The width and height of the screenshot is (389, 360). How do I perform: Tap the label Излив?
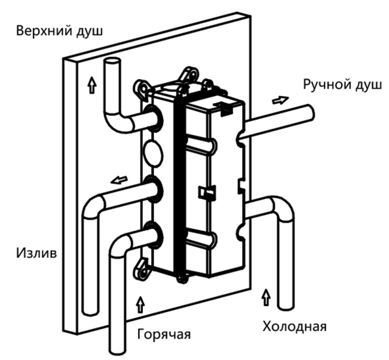pyautogui.click(x=36, y=253)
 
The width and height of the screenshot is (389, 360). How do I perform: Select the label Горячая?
pyautogui.click(x=164, y=334)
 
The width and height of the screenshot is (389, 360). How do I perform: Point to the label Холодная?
pyautogui.click(x=294, y=326)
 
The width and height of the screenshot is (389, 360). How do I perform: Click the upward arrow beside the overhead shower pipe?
pyautogui.click(x=92, y=85)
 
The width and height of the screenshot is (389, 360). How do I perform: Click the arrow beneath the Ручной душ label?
pyautogui.click(x=280, y=100)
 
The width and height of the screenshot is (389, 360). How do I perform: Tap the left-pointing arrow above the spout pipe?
pyautogui.click(x=119, y=180)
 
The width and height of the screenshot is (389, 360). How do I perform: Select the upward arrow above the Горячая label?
pyautogui.click(x=141, y=304)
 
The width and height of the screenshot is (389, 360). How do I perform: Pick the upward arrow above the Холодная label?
pyautogui.click(x=266, y=297)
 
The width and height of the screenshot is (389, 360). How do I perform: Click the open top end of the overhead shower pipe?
pyautogui.click(x=112, y=61)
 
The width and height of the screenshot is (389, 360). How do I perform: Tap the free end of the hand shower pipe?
pyautogui.click(x=311, y=113)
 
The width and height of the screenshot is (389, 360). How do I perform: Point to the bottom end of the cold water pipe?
pyautogui.click(x=286, y=307)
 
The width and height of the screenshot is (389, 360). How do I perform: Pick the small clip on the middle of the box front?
pyautogui.click(x=207, y=192)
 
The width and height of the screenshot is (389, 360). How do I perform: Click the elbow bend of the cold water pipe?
pyautogui.click(x=283, y=207)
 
